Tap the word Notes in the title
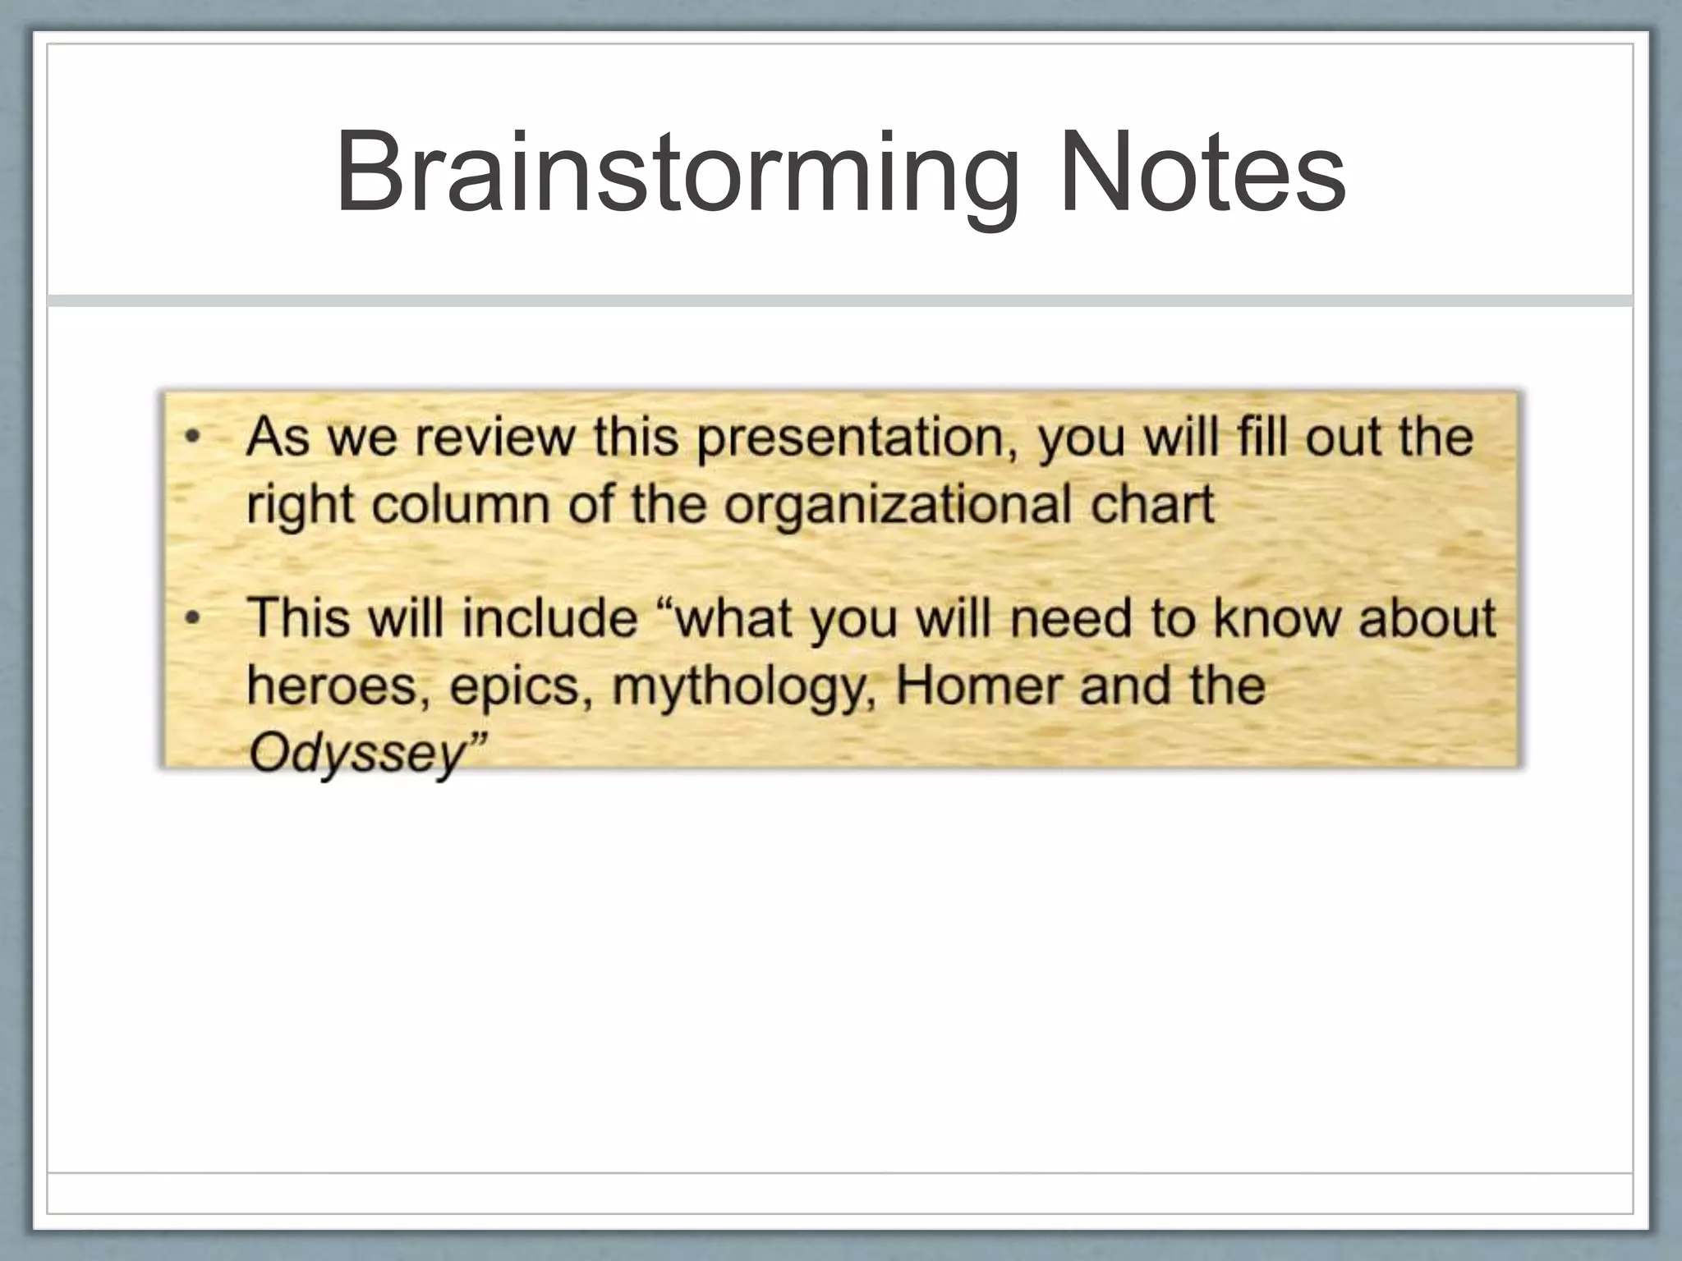coord(1202,174)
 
